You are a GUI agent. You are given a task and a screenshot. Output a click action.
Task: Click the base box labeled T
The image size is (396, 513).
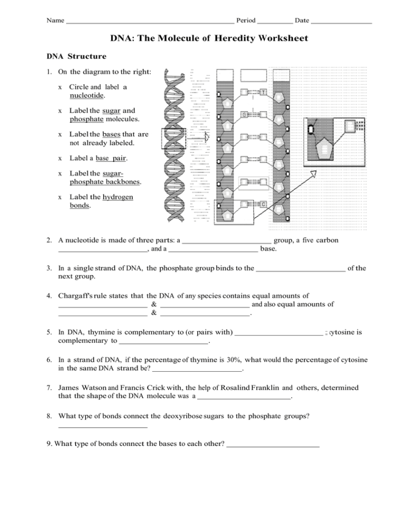(263, 93)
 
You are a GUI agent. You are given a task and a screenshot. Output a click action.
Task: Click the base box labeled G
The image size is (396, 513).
(244, 115)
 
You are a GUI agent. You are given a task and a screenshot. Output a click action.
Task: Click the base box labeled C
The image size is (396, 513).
(263, 204)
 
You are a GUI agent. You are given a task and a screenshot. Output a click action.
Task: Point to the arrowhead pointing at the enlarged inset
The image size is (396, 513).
(313, 174)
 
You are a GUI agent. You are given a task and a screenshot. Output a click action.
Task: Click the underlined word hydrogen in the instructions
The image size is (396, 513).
(117, 197)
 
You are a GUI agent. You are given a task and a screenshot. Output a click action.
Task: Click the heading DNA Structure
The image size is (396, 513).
(77, 56)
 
